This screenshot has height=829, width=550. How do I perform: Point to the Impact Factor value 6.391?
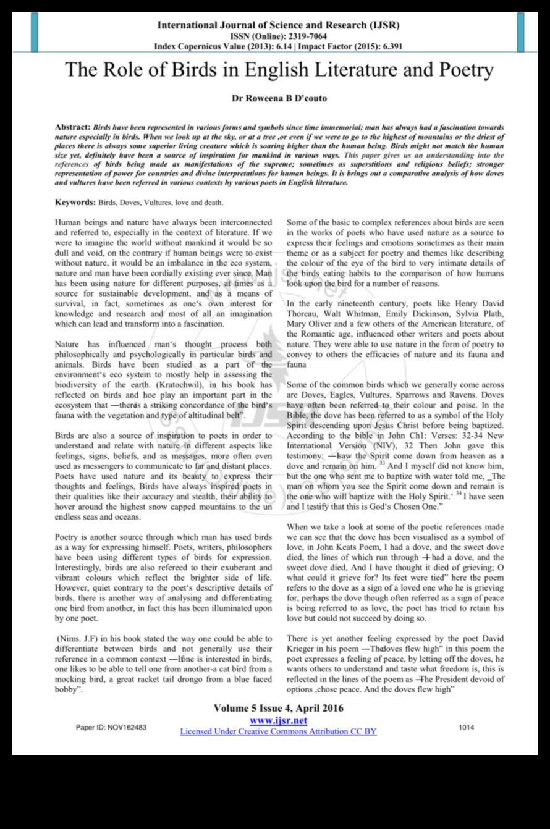(389, 46)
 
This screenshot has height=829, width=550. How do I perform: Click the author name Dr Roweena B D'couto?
(279, 98)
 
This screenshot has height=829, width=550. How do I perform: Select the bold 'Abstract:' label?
(73, 127)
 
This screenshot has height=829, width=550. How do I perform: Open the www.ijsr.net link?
(278, 721)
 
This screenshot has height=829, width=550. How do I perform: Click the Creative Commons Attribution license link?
(278, 731)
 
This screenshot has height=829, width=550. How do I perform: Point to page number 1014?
(467, 727)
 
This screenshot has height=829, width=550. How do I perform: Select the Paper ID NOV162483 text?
(111, 728)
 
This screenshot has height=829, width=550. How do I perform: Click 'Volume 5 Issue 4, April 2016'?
(278, 709)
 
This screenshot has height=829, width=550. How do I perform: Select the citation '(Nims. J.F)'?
(78, 639)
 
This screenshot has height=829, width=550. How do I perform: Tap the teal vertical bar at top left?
(35, 32)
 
